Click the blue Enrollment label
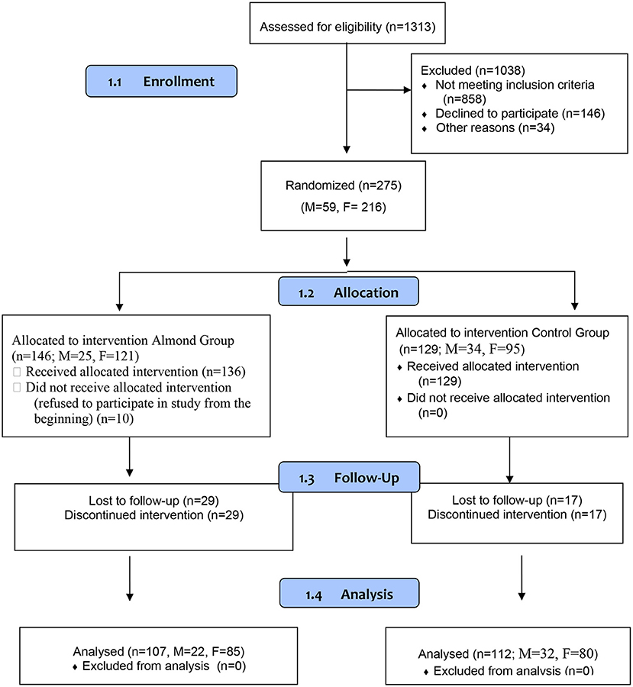tap(161, 81)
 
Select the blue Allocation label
tap(348, 292)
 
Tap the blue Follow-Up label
tap(350, 476)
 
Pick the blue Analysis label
tap(350, 593)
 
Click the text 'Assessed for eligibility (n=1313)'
tap(347, 27)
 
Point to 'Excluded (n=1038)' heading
tap(473, 70)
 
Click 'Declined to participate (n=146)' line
tap(520, 114)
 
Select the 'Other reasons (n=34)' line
tap(495, 128)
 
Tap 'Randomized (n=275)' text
tap(344, 185)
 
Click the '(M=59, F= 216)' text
tap(344, 207)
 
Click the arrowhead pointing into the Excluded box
tap(407, 90)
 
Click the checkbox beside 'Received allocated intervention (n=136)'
tap(17, 372)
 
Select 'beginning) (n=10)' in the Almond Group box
tap(84, 419)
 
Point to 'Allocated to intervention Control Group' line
tap(502, 333)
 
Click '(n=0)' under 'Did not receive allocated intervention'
tap(433, 413)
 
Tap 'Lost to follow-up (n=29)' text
tap(154, 500)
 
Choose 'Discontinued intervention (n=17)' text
tap(517, 514)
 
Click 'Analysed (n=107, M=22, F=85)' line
tap(159, 652)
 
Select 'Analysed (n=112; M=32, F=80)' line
tap(508, 654)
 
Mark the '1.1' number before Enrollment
tap(115, 82)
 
